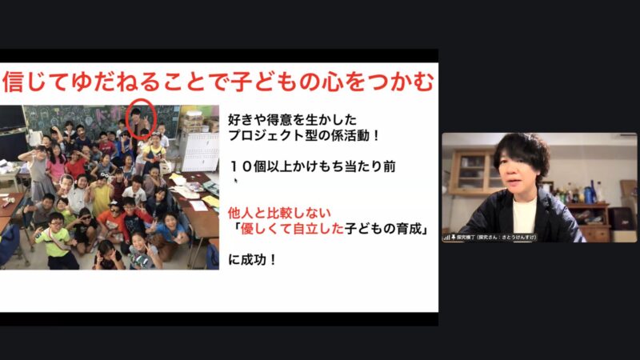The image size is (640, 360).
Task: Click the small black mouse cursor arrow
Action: (236, 181)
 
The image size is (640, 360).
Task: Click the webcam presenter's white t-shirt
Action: (523, 216)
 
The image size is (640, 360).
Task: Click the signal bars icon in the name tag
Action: (446, 237)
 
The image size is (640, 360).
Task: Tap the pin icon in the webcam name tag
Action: (454, 237)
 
